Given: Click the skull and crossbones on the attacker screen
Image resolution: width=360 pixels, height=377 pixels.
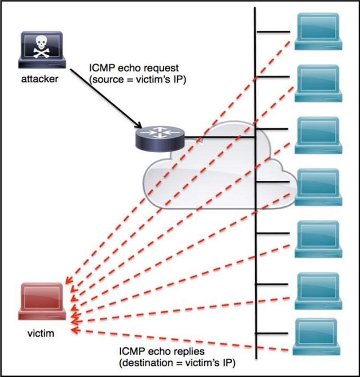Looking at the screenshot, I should (x=42, y=46).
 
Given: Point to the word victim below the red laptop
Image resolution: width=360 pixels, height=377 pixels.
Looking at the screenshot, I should (x=40, y=333).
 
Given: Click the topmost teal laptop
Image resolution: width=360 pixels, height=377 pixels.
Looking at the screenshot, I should (x=318, y=31).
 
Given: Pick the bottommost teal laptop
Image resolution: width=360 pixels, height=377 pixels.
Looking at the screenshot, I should (x=318, y=336).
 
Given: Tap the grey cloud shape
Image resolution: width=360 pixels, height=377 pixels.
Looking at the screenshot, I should (x=213, y=178).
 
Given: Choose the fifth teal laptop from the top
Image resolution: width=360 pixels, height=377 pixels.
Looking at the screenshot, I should (x=318, y=238).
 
